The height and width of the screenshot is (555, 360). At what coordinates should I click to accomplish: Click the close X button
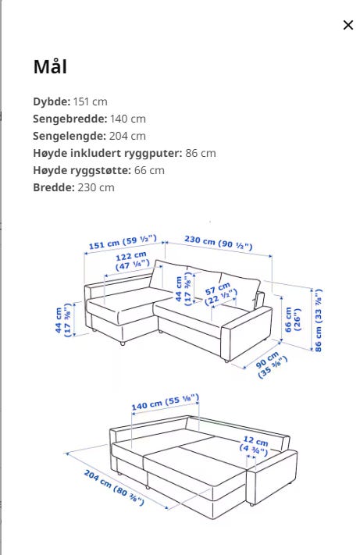coord(348,25)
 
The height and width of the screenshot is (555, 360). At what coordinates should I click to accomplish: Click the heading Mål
coord(50,67)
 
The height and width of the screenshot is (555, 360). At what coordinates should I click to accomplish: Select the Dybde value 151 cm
coord(90,101)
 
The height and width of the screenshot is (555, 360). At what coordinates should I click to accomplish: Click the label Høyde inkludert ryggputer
coord(107,153)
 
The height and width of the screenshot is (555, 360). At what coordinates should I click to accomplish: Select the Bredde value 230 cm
coord(96,187)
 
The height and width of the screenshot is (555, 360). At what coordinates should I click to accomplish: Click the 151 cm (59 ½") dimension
coord(121,243)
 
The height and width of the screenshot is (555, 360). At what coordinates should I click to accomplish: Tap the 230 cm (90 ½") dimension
coord(218,243)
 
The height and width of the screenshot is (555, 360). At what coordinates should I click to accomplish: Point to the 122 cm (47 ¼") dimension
coord(132,260)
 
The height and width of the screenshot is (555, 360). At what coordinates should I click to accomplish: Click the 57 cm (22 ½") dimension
coord(221,296)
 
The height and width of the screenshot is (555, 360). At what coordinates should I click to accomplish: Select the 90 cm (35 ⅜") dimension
coord(273,364)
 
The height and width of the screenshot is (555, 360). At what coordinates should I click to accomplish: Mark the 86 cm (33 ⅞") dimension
coord(319,320)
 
